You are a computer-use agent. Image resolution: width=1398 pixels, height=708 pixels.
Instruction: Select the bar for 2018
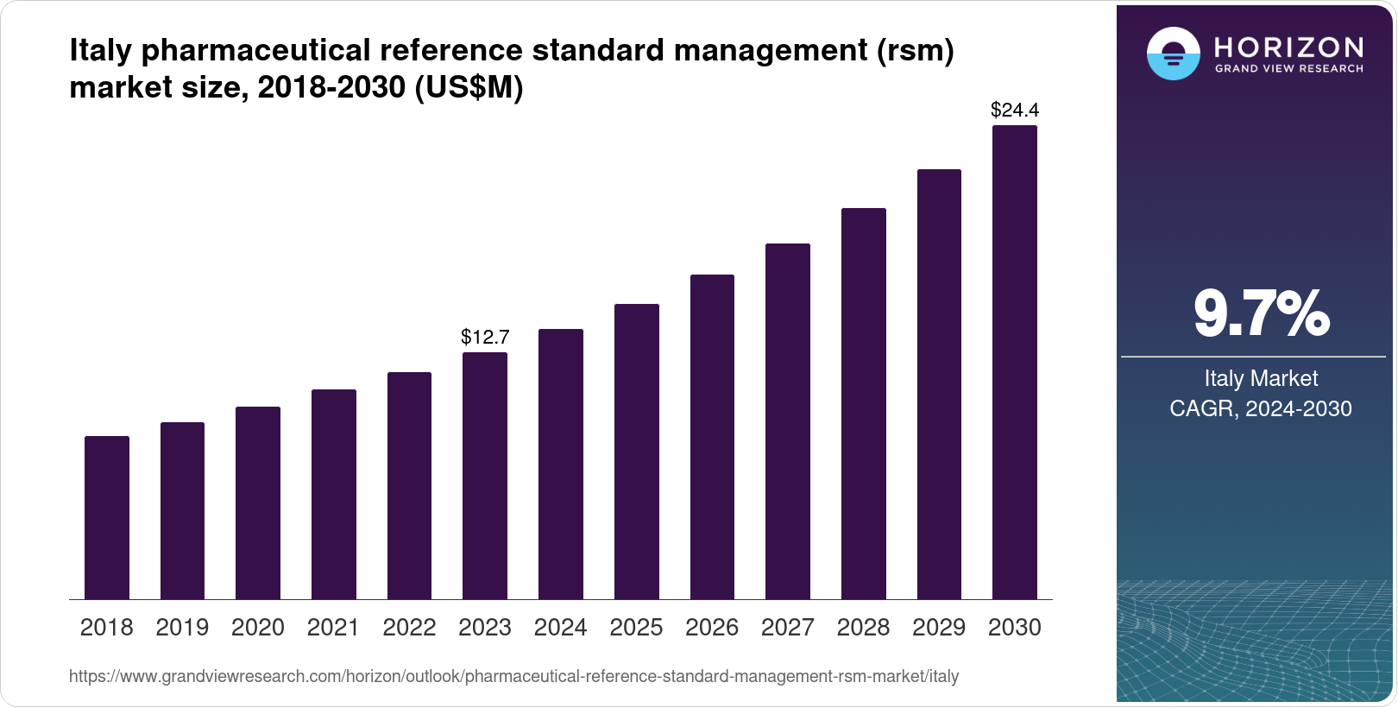[107, 518]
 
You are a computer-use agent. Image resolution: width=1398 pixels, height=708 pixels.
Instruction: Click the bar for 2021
[334, 495]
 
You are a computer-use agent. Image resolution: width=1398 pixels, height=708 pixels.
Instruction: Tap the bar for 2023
[485, 476]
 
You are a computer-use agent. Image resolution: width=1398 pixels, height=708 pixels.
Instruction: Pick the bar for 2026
[712, 437]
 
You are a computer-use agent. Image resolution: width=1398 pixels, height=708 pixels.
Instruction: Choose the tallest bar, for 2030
[1015, 363]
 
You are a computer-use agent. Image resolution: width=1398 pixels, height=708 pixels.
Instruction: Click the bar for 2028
[864, 404]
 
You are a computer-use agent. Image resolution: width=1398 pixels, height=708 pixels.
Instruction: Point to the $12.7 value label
[485, 337]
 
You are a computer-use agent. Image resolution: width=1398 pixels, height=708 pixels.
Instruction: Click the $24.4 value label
[1015, 110]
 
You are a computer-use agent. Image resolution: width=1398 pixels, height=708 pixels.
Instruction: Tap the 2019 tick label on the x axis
[182, 628]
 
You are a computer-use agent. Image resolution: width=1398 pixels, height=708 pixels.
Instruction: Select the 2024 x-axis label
[561, 628]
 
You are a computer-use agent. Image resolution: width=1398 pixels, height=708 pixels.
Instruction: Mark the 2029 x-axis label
[939, 628]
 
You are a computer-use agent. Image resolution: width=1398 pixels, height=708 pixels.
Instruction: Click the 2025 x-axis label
[636, 628]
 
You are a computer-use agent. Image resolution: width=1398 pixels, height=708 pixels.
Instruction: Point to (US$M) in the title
[469, 87]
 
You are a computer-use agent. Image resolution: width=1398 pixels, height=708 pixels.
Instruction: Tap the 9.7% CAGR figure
[1261, 314]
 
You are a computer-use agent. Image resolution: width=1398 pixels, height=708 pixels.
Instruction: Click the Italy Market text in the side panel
[1261, 378]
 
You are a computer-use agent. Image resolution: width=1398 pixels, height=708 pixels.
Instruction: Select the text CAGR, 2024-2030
[1261, 408]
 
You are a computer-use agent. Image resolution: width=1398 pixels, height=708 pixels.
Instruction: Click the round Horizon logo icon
[1173, 54]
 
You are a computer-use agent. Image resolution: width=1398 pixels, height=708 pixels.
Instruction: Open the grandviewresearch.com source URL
[513, 677]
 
